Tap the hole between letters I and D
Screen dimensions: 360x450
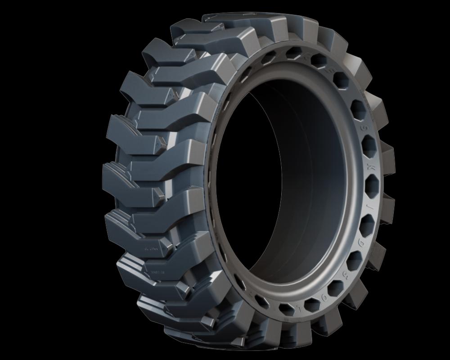368,222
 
